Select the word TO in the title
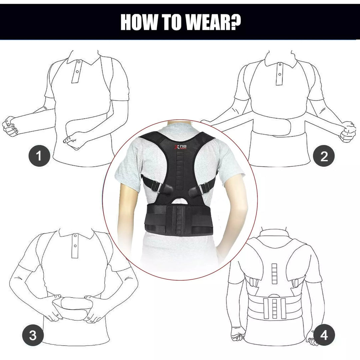click(170, 22)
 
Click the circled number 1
click(39, 156)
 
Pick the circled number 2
click(324, 156)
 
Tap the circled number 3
click(32, 336)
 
